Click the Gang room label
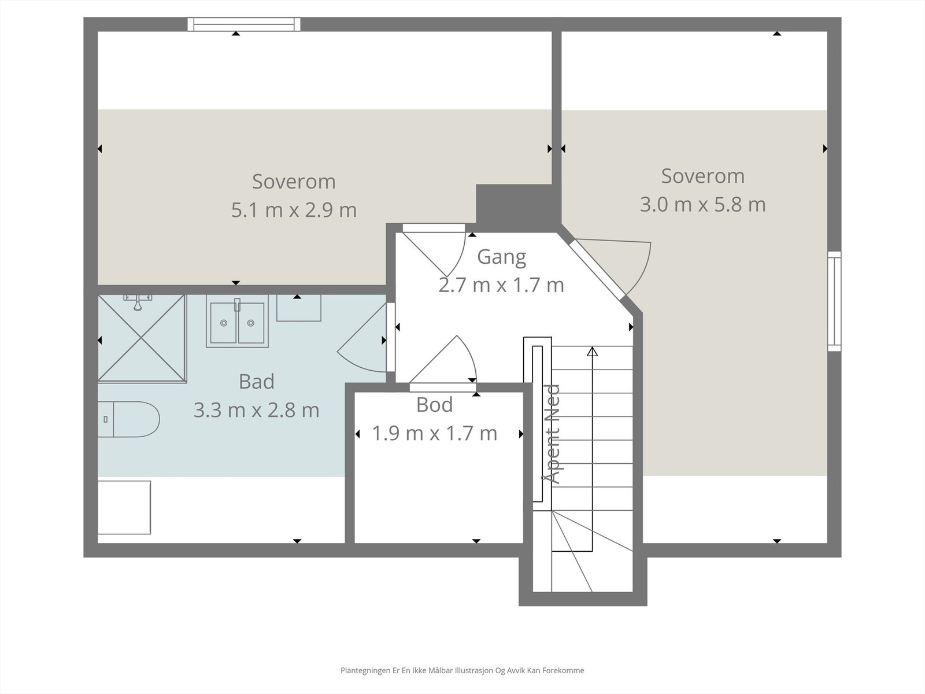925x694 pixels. tap(501, 257)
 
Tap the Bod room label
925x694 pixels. tap(435, 404)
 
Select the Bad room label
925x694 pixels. tap(257, 381)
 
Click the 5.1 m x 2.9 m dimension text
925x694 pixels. tap(294, 210)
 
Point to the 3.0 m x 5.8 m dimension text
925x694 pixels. tap(702, 204)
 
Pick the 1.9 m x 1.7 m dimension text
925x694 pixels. tap(435, 433)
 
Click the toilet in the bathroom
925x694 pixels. tap(128, 419)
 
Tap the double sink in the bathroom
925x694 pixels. tap(237, 321)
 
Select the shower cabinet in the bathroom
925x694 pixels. tap(142, 339)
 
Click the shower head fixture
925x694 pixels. tap(138, 302)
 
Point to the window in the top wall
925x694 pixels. tap(244, 24)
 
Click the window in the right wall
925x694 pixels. tap(834, 301)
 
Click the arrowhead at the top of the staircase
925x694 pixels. tap(593, 351)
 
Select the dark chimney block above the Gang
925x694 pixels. tap(519, 208)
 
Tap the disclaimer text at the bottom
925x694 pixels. tap(462, 670)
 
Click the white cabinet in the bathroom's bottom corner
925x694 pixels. tap(124, 507)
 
